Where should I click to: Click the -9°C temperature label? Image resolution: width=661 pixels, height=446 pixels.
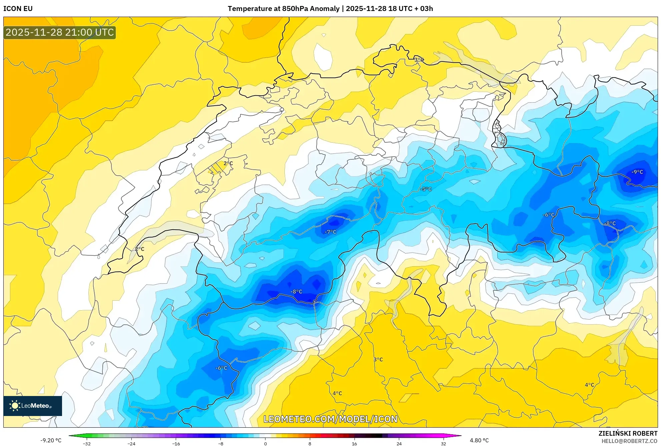[637, 172]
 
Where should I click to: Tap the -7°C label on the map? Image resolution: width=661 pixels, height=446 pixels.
[330, 232]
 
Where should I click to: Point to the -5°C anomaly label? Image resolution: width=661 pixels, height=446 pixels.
[426, 189]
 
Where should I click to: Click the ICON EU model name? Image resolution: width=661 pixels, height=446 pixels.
[18, 9]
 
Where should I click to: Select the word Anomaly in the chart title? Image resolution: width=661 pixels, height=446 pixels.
[324, 9]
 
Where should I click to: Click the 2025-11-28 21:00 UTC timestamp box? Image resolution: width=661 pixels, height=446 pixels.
[60, 32]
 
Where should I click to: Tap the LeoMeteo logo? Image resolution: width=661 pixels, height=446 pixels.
[33, 406]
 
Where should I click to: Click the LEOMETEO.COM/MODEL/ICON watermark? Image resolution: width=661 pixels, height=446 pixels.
[330, 419]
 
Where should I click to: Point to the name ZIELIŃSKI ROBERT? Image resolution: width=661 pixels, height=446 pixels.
[628, 433]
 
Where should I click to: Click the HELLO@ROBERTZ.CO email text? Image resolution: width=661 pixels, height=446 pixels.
[629, 441]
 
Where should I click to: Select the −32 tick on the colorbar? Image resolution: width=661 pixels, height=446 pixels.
[87, 444]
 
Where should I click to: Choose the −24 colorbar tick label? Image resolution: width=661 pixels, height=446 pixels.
[131, 444]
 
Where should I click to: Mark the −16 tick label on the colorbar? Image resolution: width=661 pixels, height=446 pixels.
[176, 444]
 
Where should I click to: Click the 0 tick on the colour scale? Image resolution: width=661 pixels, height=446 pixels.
[265, 444]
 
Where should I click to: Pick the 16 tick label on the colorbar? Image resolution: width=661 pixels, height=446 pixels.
[354, 444]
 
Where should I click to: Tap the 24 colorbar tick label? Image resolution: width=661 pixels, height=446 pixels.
[399, 444]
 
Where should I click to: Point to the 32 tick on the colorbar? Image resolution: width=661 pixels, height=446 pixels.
[443, 444]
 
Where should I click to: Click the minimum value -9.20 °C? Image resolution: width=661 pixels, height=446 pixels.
[51, 440]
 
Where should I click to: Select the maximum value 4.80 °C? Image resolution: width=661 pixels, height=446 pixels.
[479, 440]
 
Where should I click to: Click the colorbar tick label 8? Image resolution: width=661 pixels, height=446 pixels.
[310, 444]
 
